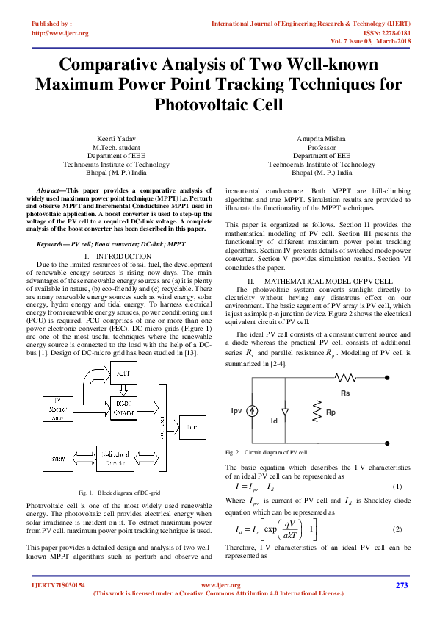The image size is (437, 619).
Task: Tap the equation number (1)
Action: (x=397, y=487)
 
